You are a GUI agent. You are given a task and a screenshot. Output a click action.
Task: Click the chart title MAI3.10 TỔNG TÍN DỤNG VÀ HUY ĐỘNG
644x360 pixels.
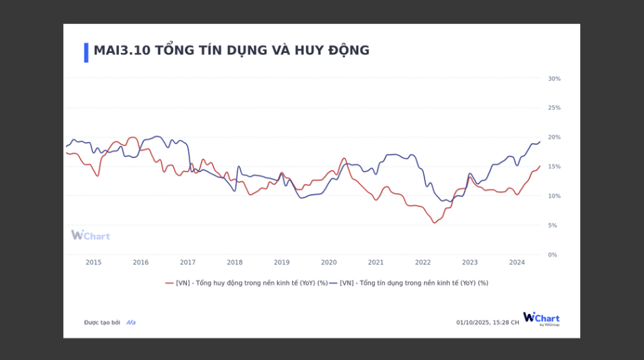click(x=232, y=50)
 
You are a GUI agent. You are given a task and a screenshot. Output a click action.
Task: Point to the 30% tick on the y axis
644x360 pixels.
click(x=554, y=79)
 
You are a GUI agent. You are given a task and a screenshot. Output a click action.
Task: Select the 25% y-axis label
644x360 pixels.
click(x=554, y=108)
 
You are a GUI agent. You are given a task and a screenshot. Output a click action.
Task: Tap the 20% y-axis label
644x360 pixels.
click(x=554, y=137)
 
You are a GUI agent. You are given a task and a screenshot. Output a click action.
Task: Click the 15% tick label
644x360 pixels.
click(x=554, y=166)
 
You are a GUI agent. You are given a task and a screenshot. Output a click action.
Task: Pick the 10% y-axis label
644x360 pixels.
click(x=554, y=196)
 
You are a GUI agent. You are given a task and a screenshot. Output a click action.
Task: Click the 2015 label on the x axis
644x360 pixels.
click(x=94, y=262)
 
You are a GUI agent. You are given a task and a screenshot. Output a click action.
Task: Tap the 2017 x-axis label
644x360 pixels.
click(x=187, y=262)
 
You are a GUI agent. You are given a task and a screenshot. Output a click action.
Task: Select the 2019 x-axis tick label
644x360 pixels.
click(x=282, y=262)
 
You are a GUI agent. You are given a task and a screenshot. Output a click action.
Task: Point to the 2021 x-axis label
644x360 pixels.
click(x=376, y=262)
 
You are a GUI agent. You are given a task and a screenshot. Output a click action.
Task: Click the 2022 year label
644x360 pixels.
click(x=423, y=262)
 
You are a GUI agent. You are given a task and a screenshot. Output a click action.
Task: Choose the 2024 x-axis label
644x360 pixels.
click(x=517, y=262)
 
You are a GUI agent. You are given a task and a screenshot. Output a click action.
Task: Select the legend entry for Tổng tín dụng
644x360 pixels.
click(x=410, y=283)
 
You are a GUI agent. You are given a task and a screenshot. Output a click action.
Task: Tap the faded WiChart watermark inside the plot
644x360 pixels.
click(x=90, y=235)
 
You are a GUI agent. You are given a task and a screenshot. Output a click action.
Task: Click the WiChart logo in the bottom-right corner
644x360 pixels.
click(x=541, y=319)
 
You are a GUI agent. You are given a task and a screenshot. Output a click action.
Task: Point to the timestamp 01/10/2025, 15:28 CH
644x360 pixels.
click(x=488, y=323)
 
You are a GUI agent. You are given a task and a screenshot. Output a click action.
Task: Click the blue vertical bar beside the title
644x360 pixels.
click(x=86, y=52)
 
